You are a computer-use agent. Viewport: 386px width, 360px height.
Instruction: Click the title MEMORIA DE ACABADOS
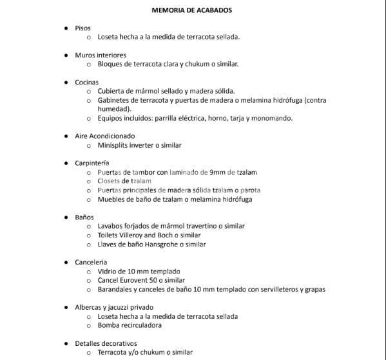[x=191, y=10]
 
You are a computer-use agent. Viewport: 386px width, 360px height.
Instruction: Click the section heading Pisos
[x=82, y=28]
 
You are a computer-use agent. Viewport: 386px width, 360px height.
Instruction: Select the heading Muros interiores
[x=101, y=55]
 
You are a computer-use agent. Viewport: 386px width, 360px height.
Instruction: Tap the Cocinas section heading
[x=86, y=83]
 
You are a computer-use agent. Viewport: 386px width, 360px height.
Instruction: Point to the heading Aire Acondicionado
[x=105, y=136]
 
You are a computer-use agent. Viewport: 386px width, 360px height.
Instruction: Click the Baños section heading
[x=84, y=217]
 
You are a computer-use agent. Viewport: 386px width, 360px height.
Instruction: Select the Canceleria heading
[x=91, y=263]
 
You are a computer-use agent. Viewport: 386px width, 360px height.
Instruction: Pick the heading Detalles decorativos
[x=106, y=343]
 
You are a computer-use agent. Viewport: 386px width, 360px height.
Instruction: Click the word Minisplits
[x=113, y=145]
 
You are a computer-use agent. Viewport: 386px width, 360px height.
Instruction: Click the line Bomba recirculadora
[x=130, y=325]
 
